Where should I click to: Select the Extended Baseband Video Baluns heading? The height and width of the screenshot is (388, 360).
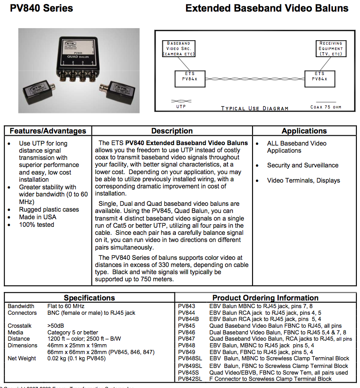click(x=266, y=8)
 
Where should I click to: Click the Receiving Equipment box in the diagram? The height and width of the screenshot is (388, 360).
click(x=330, y=48)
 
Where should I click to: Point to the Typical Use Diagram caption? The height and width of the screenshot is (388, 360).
click(x=255, y=108)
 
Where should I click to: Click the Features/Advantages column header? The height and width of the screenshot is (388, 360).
click(x=48, y=131)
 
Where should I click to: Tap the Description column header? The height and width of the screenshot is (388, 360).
click(x=172, y=131)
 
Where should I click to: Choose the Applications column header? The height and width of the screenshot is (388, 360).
click(x=304, y=131)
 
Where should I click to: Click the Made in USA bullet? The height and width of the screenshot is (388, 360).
click(x=37, y=217)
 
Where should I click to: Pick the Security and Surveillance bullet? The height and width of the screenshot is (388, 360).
click(x=302, y=165)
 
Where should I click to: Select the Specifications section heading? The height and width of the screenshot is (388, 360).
click(x=89, y=298)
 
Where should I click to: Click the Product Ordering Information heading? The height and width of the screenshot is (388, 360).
click(x=265, y=298)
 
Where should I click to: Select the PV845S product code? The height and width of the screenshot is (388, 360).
click(x=188, y=372)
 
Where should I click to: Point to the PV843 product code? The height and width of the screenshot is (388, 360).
click(x=186, y=306)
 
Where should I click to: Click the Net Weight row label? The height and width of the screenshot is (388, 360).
click(x=22, y=359)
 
